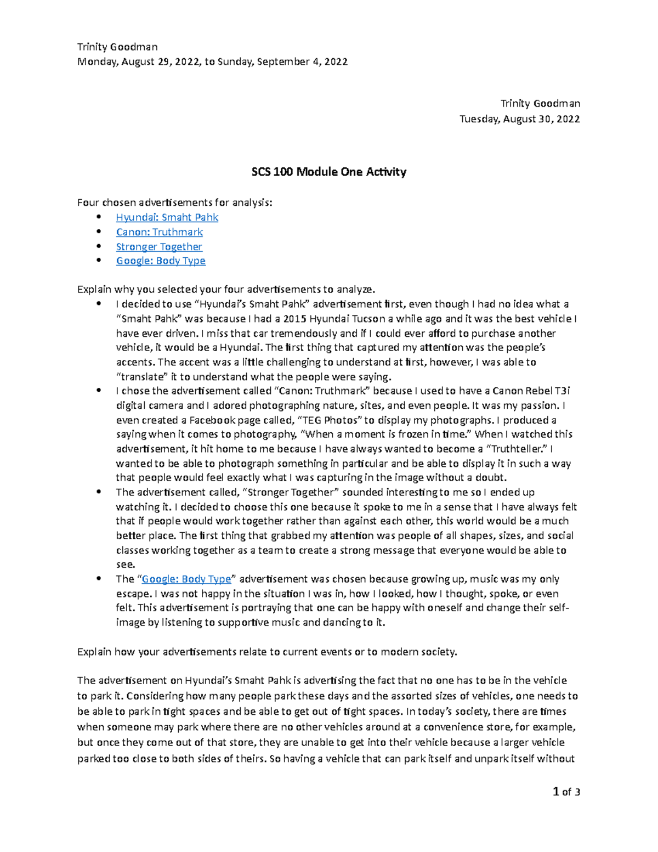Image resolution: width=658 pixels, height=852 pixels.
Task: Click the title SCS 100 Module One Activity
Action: point(328,172)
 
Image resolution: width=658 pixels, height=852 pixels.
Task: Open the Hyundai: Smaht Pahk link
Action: point(167,218)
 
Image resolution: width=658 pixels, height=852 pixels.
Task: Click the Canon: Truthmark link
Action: point(159,232)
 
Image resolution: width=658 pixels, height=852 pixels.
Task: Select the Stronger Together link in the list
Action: point(158,247)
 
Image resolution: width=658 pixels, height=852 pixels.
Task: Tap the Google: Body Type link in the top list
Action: point(160,261)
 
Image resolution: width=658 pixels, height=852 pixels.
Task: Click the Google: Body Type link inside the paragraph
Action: point(186,579)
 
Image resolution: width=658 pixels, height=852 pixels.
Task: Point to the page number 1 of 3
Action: point(566,792)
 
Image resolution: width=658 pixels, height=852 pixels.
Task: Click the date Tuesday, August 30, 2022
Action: point(519,119)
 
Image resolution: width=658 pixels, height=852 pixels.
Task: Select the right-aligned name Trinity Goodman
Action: point(540,104)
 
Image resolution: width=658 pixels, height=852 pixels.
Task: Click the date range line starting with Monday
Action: point(212,62)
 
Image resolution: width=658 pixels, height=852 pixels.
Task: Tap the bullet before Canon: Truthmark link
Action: point(99,232)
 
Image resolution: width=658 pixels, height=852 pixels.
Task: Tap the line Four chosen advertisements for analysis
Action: point(174,203)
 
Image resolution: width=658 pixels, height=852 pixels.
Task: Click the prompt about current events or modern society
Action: point(266,652)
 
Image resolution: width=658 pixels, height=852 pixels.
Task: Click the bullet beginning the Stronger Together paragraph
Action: point(99,493)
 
